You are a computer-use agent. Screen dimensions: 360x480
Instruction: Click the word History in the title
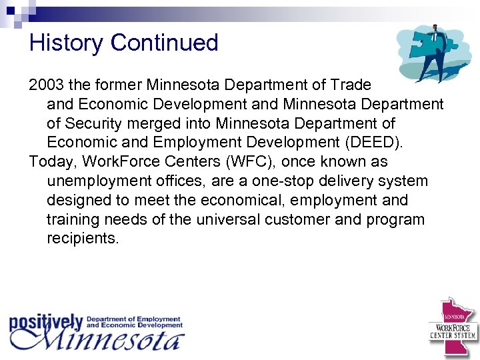click(67, 43)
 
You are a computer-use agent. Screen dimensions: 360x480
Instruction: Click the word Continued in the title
click(165, 43)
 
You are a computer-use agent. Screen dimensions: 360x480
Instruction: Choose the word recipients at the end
click(83, 239)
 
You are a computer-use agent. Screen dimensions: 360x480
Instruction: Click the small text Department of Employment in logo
click(133, 319)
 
